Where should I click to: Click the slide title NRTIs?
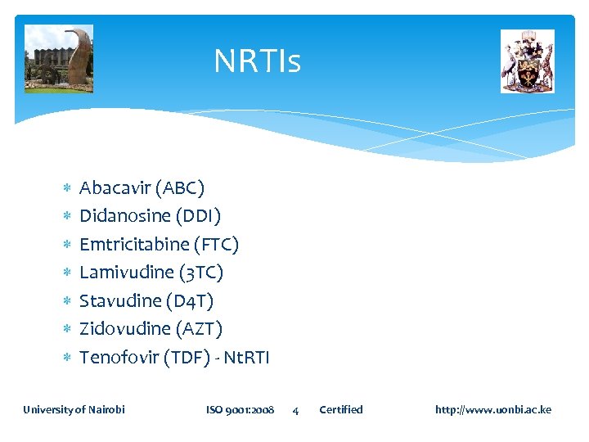tap(257, 61)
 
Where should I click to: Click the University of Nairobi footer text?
tap(74, 409)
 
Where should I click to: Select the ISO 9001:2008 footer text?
tap(240, 409)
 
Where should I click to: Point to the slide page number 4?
tap(295, 410)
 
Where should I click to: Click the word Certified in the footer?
tap(340, 409)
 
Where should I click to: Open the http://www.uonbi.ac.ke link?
tap(492, 409)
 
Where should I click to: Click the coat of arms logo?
tap(527, 61)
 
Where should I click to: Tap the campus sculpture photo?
tap(58, 59)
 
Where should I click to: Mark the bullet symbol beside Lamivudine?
tap(67, 273)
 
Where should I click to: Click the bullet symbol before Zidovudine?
tap(67, 329)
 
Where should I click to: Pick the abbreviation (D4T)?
tap(189, 301)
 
